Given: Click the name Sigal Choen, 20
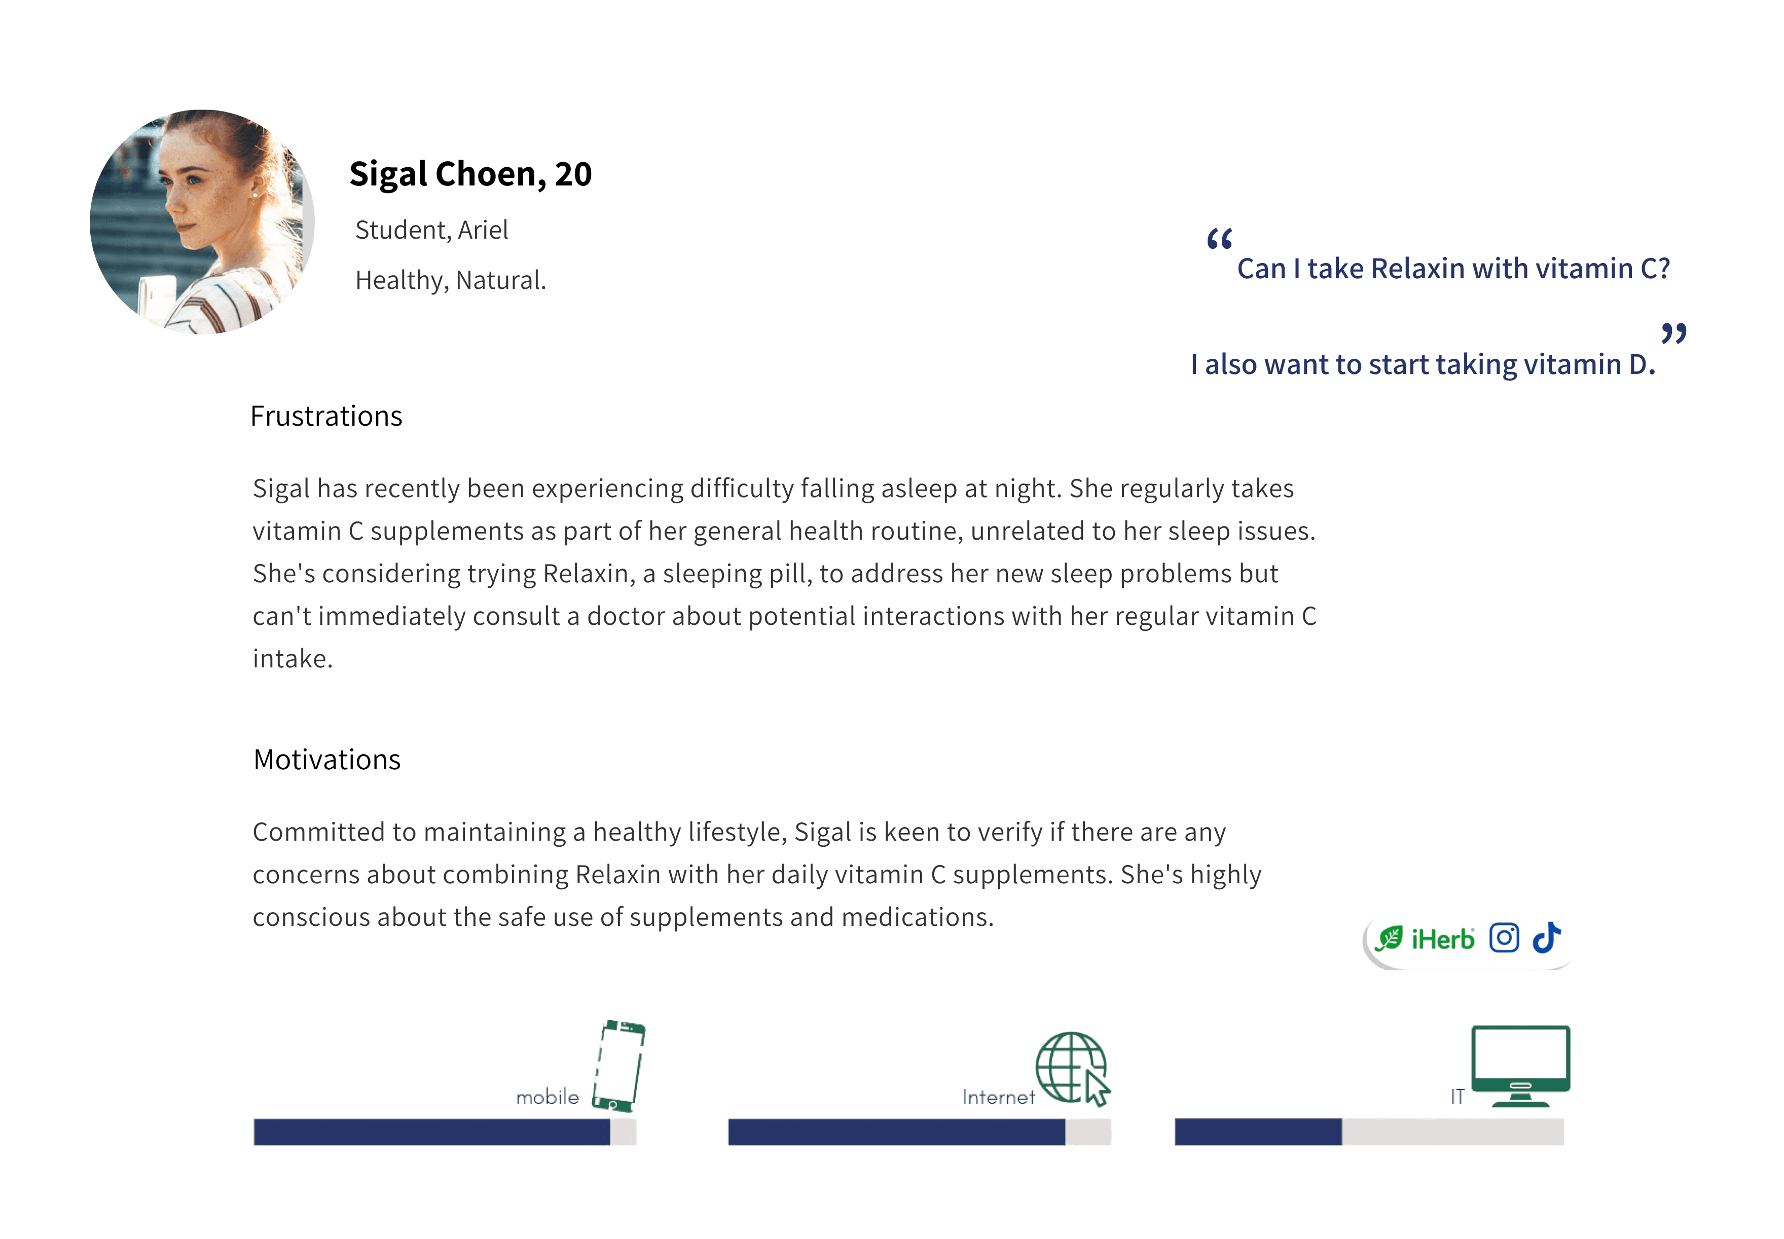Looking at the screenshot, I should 470,174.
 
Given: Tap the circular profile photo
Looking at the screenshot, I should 202,222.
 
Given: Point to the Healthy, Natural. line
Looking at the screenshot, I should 451,280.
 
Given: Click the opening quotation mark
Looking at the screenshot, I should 1219,239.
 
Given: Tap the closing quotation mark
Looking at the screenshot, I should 1673,334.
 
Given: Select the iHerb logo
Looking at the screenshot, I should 1425,938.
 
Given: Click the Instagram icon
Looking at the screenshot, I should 1504,938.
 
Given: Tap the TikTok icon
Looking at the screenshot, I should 1546,938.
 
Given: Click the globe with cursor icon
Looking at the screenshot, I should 1073,1068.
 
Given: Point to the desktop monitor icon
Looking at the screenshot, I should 1520,1065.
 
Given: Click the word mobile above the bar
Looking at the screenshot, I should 548,1097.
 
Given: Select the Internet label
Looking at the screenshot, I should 998,1097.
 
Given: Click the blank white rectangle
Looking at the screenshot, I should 326,1019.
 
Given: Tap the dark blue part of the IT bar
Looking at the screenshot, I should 1258,1132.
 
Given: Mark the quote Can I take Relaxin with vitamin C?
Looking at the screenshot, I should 1452,269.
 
